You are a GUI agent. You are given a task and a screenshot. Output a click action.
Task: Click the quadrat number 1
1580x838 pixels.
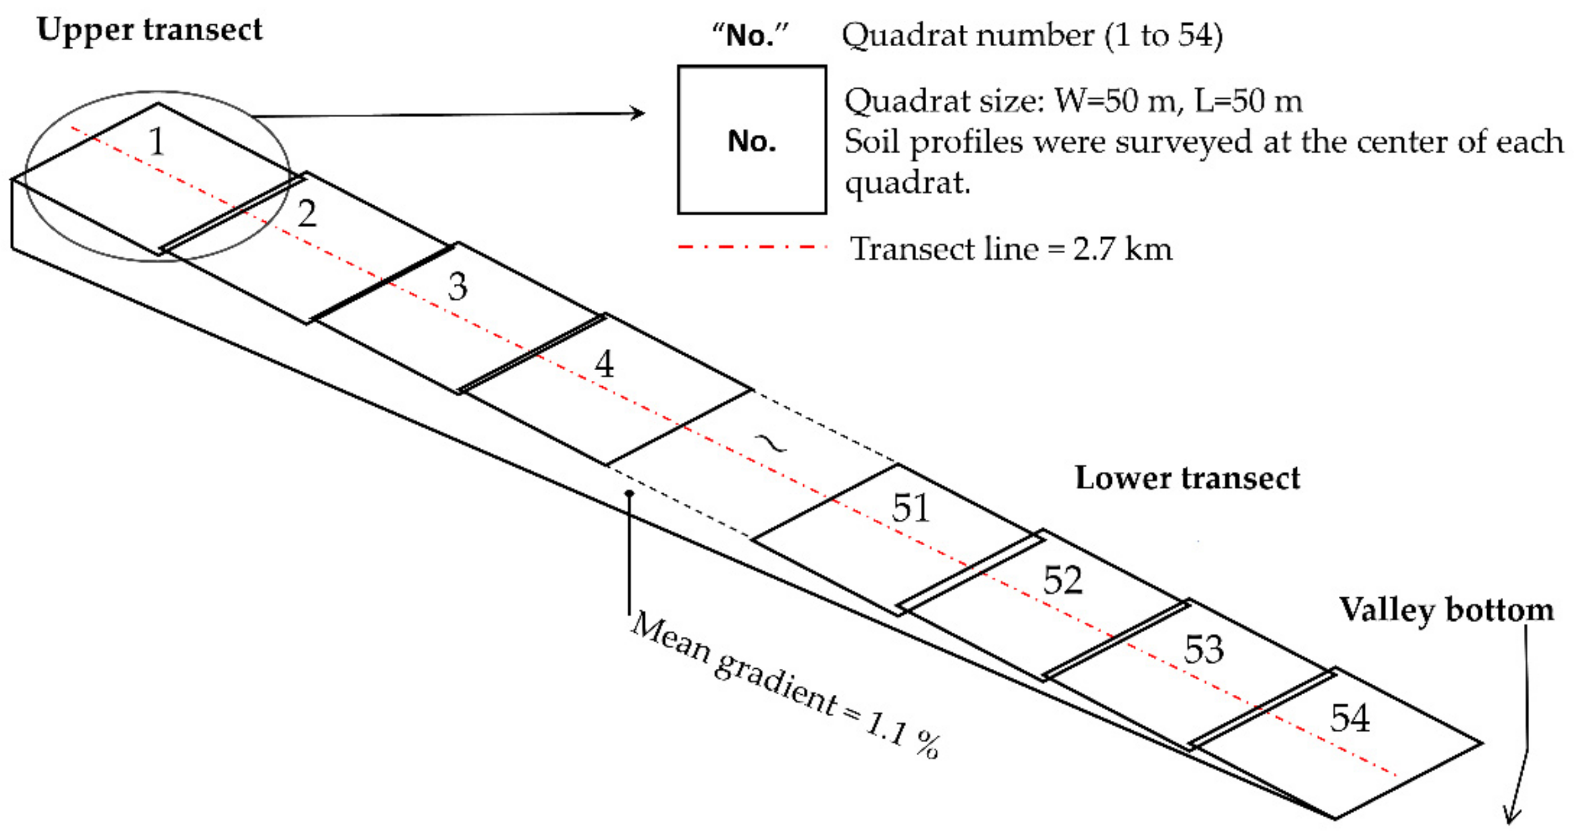point(157,142)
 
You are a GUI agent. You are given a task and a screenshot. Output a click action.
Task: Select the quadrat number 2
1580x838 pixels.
point(308,214)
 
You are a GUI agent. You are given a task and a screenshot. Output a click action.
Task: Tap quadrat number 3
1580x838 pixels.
point(458,286)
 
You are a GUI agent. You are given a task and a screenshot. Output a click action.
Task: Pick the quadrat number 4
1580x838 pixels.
point(604,364)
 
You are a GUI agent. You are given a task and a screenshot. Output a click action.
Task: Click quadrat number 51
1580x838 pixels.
point(911,508)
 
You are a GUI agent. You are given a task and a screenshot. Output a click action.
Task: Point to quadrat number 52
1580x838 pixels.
point(1063,580)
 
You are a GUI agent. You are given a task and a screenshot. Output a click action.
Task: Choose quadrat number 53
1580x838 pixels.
point(1204,649)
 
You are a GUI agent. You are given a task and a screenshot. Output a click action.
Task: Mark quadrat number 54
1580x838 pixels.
point(1350,718)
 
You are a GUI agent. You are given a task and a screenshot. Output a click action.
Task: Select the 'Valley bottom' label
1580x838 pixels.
point(1446,610)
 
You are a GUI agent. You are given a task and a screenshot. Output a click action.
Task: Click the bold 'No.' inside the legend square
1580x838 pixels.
point(752,141)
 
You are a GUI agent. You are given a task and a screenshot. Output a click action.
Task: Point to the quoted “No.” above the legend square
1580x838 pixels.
point(750,36)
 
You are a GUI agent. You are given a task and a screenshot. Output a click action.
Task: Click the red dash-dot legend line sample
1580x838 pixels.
point(752,247)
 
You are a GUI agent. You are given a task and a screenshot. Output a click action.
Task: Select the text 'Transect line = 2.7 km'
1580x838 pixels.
point(1011,249)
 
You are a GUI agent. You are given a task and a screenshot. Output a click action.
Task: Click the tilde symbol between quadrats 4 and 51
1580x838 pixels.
point(771,443)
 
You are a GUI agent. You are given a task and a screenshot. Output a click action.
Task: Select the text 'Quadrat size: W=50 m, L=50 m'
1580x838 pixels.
point(1073,101)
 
